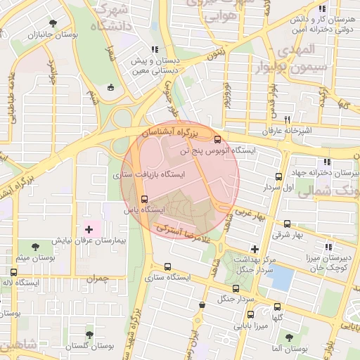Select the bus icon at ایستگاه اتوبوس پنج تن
(x=217, y=139)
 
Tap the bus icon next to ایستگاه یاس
(x=144, y=199)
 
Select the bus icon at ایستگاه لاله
(x=14, y=272)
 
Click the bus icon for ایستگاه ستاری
(x=167, y=266)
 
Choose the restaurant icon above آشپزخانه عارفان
(x=286, y=120)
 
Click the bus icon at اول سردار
(x=279, y=177)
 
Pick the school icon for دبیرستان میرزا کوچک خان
(x=328, y=247)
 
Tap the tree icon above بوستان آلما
(x=288, y=337)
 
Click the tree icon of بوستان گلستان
(x=89, y=335)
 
